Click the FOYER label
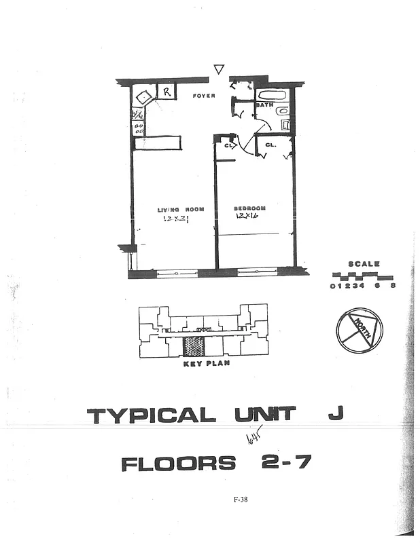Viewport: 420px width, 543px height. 204,96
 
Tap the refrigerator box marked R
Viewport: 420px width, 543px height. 167,90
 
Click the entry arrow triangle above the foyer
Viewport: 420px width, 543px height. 219,69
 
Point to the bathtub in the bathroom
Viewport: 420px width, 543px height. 273,96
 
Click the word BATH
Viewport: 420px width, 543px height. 264,106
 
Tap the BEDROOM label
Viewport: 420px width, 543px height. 249,208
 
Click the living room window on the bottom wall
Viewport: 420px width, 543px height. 176,274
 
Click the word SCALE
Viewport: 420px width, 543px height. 364,264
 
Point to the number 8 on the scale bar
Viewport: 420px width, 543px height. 392,286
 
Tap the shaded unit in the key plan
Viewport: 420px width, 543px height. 194,345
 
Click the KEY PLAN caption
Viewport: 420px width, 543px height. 207,364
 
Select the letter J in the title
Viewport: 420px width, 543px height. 336,414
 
